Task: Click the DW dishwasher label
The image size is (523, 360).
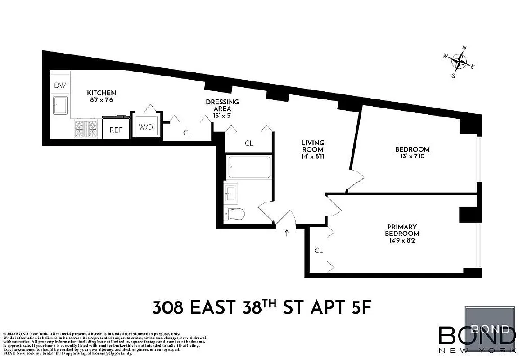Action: coord(60,85)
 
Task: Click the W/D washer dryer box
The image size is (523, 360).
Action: coord(146,127)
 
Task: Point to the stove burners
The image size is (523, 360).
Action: coord(86,128)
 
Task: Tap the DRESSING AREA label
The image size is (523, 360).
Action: coord(222,105)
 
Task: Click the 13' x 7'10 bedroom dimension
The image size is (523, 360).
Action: coord(412,157)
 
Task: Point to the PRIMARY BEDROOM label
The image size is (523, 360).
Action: coord(402,230)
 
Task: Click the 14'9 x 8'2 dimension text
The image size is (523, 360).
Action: coord(402,240)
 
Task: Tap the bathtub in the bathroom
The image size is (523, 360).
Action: coord(249,166)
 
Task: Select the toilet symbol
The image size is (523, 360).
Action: coord(235,214)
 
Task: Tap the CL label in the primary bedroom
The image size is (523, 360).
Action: coord(319,250)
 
